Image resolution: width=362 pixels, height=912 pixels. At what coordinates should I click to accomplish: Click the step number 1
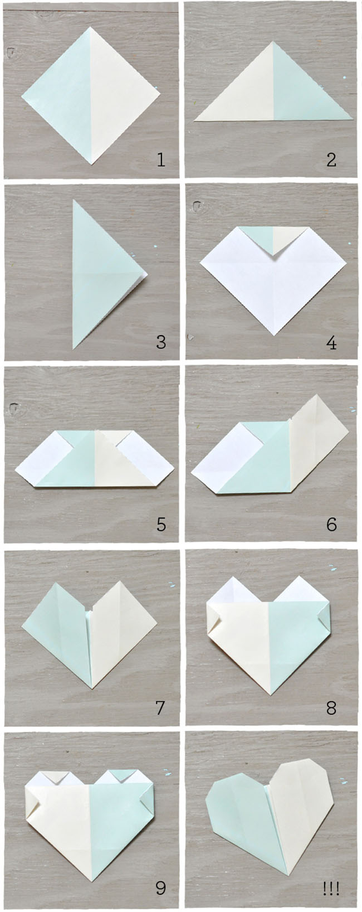tap(161, 161)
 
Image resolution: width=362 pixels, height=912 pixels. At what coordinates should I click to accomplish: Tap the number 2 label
tap(331, 161)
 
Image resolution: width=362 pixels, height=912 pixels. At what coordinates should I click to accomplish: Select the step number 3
tap(161, 341)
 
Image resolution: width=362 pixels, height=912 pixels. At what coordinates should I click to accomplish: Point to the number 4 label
tap(331, 342)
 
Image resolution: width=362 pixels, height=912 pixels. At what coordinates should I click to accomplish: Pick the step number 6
tap(331, 524)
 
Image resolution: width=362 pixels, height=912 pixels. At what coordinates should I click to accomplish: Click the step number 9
tap(161, 887)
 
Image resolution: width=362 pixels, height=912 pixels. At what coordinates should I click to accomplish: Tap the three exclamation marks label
tap(331, 887)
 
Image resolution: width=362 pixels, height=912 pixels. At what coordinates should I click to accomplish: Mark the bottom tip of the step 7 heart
tap(91, 686)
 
